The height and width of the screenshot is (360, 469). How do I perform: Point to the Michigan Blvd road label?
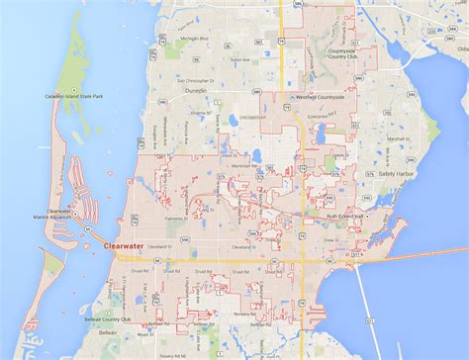[x=193, y=39]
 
